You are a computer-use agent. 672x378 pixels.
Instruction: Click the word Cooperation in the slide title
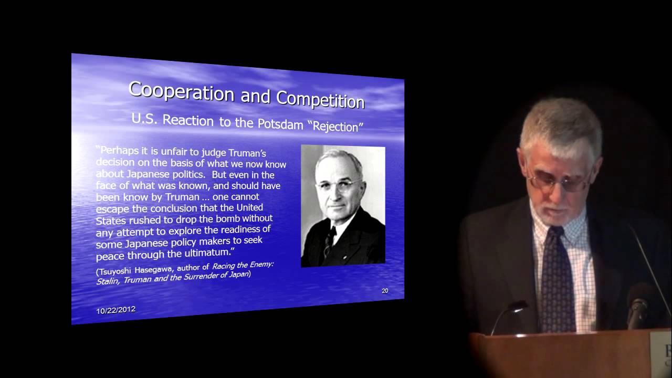(181, 91)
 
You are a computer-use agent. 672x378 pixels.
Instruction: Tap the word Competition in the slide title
(320, 100)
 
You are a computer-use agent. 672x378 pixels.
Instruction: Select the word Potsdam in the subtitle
(280, 124)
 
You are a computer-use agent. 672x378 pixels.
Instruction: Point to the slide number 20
(385, 290)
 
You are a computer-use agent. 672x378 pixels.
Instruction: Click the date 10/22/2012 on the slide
(115, 310)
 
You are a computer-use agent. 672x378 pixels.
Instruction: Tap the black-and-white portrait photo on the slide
(343, 206)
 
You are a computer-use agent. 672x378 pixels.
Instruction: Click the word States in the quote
(111, 220)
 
